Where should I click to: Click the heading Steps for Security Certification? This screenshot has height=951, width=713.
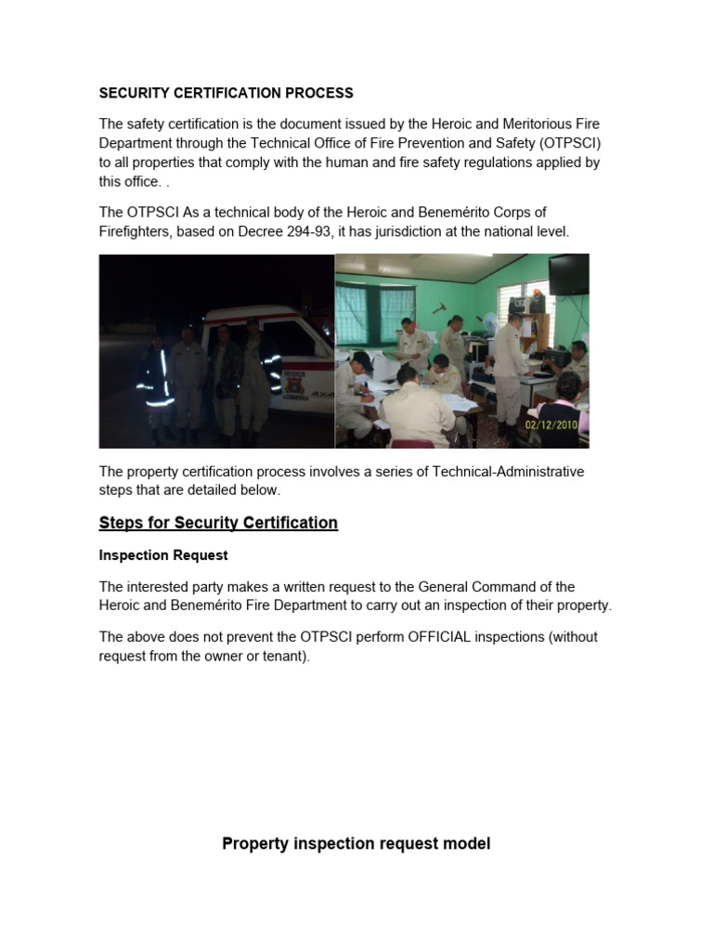coord(218,523)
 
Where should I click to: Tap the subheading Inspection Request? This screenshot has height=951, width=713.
coord(163,555)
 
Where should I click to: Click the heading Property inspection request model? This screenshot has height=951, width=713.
coord(356,843)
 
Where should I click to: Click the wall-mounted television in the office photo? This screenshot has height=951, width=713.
coord(568,273)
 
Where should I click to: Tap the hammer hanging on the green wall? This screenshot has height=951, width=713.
coord(439,306)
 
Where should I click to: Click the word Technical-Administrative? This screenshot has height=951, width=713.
coord(509,472)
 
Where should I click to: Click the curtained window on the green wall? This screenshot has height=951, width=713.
coord(366,314)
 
